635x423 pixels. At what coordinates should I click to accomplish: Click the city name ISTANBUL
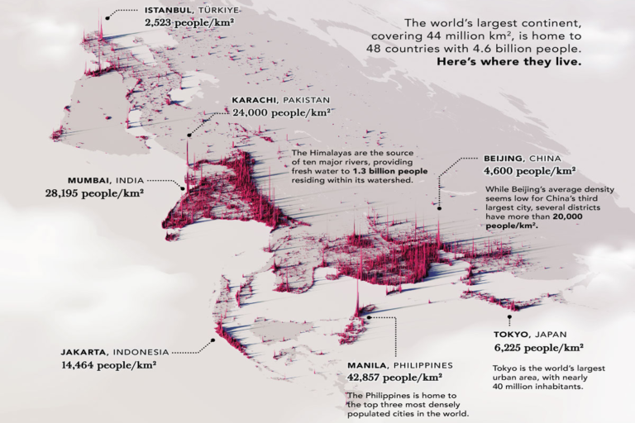168,10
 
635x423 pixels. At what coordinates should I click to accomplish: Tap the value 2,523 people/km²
188,24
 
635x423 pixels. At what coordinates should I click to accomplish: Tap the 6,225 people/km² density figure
538,348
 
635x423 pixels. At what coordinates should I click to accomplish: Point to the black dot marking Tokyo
510,316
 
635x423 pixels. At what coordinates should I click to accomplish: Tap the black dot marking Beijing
439,208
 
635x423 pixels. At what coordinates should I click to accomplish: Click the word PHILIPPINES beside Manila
424,364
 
